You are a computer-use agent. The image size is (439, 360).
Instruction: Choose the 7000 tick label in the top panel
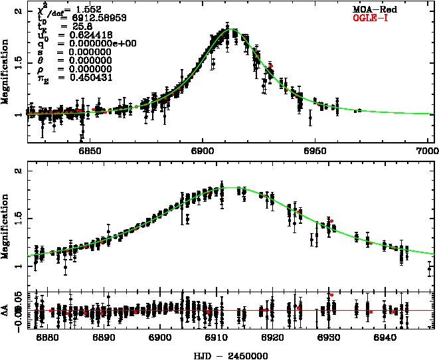click(x=424, y=150)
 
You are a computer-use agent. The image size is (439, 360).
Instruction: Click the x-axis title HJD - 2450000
click(x=230, y=355)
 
